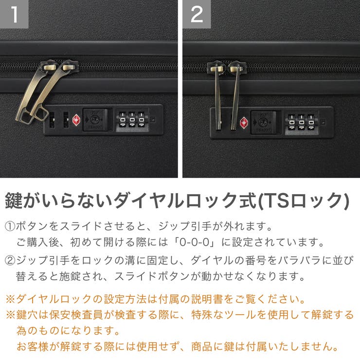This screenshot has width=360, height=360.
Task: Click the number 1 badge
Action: (14, 14)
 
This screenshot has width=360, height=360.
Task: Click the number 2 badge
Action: (197, 14)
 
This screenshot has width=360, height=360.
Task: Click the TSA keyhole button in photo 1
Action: (93, 118)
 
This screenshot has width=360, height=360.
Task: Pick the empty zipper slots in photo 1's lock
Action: (59, 119)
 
